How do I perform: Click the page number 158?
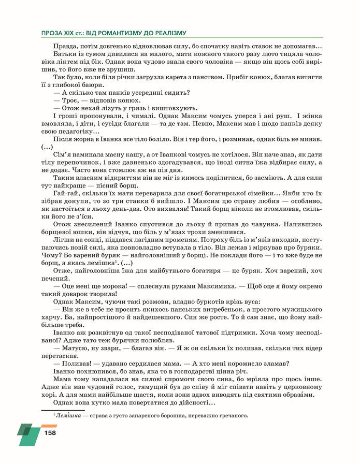(50, 432)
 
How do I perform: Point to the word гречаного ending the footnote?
(235, 415)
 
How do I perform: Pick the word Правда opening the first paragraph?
(64, 47)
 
